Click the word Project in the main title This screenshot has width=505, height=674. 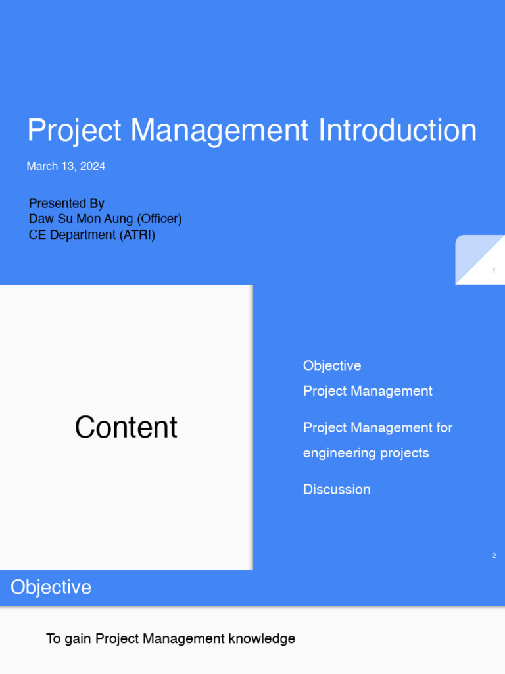pos(74,130)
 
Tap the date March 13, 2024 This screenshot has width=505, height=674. pos(66,166)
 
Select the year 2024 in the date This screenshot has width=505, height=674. pos(93,166)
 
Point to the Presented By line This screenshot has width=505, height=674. pos(66,203)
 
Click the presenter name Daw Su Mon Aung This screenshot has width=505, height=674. pos(81,219)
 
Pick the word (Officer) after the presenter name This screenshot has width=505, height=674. pos(159,219)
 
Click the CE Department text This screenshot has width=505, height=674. pos(72,234)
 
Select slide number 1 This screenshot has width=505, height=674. pos(493,271)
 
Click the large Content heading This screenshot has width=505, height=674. pos(126,427)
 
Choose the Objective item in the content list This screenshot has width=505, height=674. pos(332,365)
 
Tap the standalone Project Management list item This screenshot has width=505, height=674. pos(368,391)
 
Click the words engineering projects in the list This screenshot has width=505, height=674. pos(366,453)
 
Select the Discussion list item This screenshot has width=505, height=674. pos(337,489)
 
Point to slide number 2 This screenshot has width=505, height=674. pos(493,556)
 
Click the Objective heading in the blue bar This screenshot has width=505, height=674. pos(51,587)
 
